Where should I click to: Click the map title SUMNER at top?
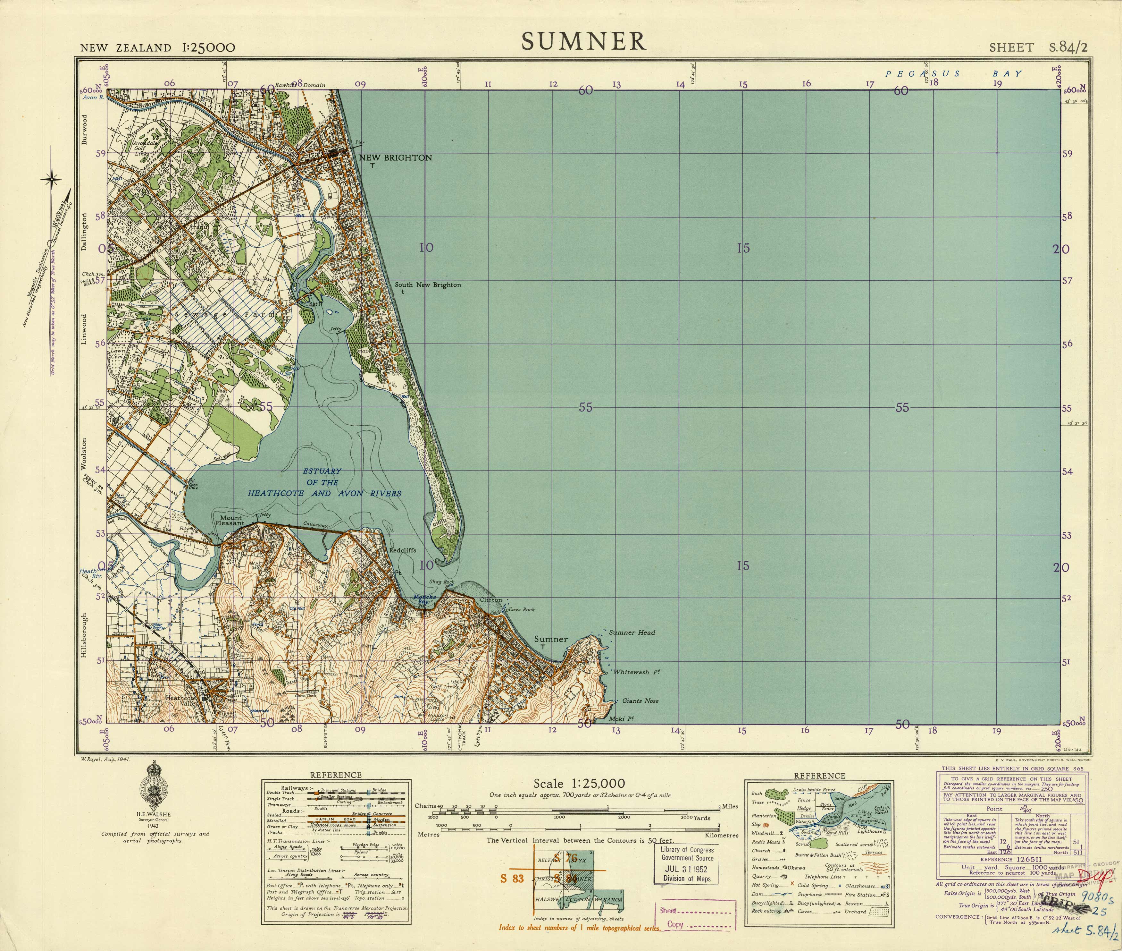coord(584,41)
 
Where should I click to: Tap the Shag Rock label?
coord(441,582)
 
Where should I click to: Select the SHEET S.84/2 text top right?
coord(1038,47)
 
